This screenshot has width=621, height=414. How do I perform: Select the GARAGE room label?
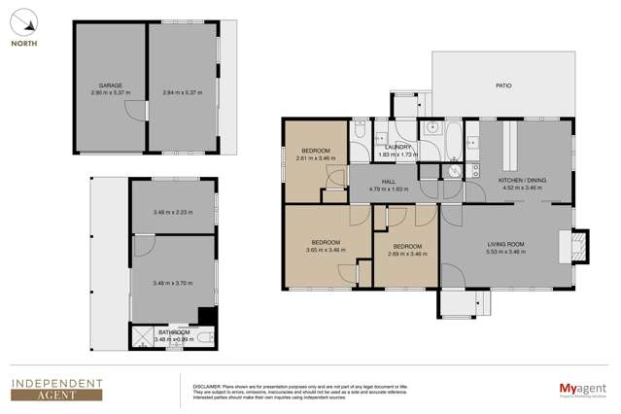tap(110, 86)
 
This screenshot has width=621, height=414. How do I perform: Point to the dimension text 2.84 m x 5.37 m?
tap(183, 93)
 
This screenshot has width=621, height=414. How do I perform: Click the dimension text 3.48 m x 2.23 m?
tap(173, 212)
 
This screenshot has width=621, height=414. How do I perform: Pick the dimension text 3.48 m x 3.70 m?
tap(173, 283)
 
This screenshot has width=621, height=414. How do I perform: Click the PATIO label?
tap(502, 86)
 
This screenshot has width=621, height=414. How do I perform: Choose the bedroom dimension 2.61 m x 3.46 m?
tap(316, 156)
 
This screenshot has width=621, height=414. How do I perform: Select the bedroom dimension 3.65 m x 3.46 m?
tap(326, 250)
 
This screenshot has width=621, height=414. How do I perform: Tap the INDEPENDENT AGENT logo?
tap(56, 389)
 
